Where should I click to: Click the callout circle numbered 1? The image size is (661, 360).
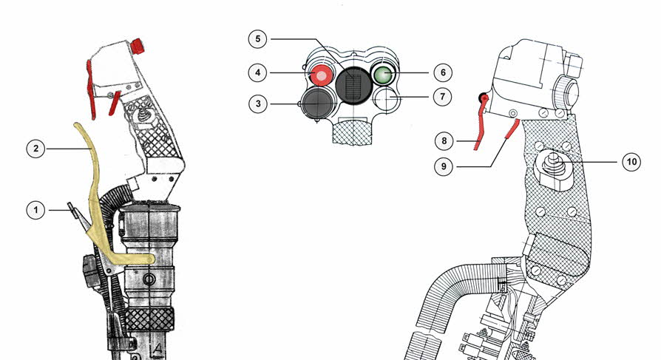[x=35, y=210]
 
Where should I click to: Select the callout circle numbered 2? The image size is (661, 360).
[x=35, y=149]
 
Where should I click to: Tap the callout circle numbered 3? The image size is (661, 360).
[x=258, y=103]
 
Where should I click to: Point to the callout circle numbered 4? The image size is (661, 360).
[x=257, y=72]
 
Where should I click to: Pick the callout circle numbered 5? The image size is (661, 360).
[x=258, y=39]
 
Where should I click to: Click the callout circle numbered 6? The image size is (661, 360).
[x=443, y=72]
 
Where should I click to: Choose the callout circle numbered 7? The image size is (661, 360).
[x=442, y=97]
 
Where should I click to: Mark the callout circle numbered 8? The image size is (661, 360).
[x=444, y=140]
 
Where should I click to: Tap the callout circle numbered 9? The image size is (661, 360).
[x=444, y=166]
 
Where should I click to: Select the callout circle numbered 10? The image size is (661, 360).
[x=631, y=162]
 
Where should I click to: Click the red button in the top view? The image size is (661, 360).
[x=321, y=75]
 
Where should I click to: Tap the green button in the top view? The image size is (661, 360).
[x=383, y=74]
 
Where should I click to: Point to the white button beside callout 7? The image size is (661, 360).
[x=385, y=99]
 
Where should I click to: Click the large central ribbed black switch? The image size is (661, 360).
[x=354, y=85]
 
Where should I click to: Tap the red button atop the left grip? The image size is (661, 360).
[x=138, y=46]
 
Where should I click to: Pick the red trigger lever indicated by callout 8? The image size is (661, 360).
[x=481, y=122]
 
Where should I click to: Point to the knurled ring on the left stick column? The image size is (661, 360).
[x=149, y=319]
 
